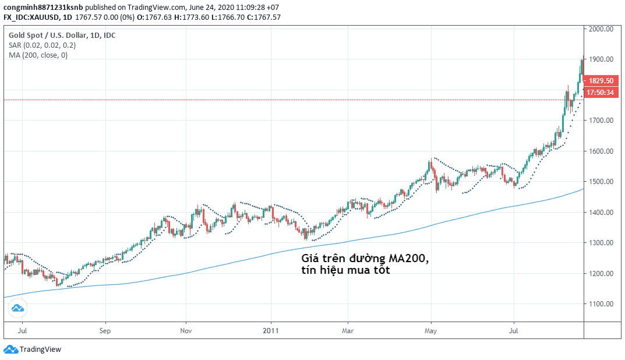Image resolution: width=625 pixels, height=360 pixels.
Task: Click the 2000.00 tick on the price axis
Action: pyautogui.click(x=601, y=29)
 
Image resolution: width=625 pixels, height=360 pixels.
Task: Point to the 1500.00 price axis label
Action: pyautogui.click(x=601, y=182)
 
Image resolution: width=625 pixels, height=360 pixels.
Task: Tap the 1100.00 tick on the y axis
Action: pyautogui.click(x=601, y=304)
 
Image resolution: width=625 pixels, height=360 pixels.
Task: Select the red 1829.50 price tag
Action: pyautogui.click(x=601, y=81)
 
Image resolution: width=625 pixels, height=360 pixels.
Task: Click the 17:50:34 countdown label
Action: pyautogui.click(x=601, y=92)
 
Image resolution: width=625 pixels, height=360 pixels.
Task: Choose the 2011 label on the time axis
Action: pyautogui.click(x=271, y=330)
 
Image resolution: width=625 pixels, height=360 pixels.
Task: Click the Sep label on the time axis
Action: pyautogui.click(x=105, y=330)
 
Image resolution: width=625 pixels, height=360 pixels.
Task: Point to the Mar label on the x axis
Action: pyautogui.click(x=347, y=330)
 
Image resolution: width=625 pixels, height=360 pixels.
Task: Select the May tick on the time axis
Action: pyautogui.click(x=431, y=330)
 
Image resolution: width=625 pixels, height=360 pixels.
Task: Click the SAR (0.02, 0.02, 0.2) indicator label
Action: pyautogui.click(x=42, y=45)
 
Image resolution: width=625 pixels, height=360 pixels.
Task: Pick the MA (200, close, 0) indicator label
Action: pyautogui.click(x=38, y=55)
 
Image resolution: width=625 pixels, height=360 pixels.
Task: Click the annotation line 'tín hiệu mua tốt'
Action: pyautogui.click(x=345, y=271)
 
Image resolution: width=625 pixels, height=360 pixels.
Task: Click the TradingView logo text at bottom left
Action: pyautogui.click(x=40, y=350)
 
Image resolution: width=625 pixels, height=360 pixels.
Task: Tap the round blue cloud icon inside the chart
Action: pyautogui.click(x=17, y=308)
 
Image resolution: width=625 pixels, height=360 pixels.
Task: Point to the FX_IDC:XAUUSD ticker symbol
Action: pyautogui.click(x=29, y=17)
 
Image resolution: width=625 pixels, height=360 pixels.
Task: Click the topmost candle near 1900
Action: pyautogui.click(x=581, y=65)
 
